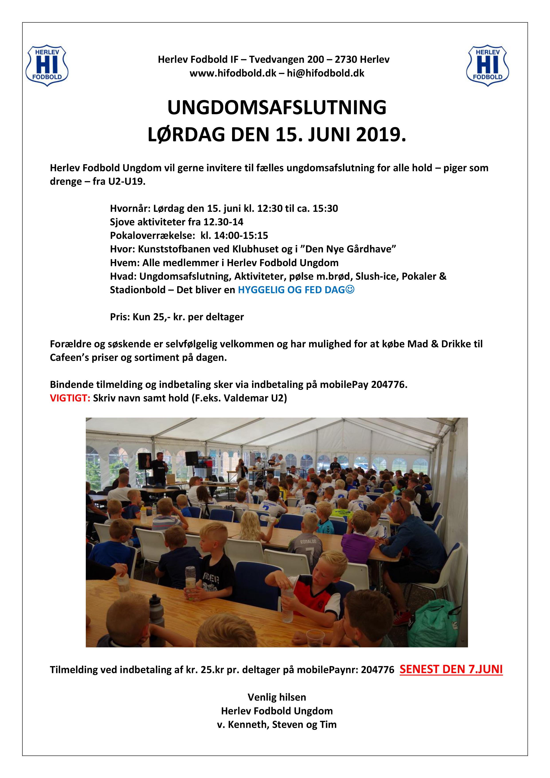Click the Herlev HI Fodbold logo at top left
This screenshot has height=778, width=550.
click(47, 65)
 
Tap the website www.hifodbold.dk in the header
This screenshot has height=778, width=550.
click(233, 73)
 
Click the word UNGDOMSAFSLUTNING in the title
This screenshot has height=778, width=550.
click(277, 108)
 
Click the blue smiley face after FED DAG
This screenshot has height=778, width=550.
click(350, 290)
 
